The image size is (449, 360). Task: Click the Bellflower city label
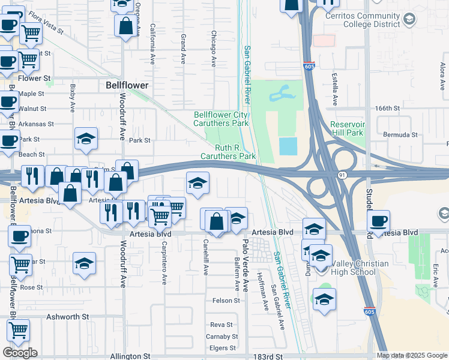pos(127,85)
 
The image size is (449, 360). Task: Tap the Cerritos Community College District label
pos(371,20)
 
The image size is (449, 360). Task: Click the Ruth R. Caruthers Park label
pos(235,152)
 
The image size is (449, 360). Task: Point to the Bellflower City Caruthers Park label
pos(221,119)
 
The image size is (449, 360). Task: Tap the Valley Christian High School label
pos(349,268)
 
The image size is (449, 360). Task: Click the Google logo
pos(20,352)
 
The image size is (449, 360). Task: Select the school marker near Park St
pos(86,139)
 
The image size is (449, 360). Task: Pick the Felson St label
pos(226,300)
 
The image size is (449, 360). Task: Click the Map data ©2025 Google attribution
pos(412,355)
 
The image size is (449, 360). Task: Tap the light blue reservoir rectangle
pos(288,146)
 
